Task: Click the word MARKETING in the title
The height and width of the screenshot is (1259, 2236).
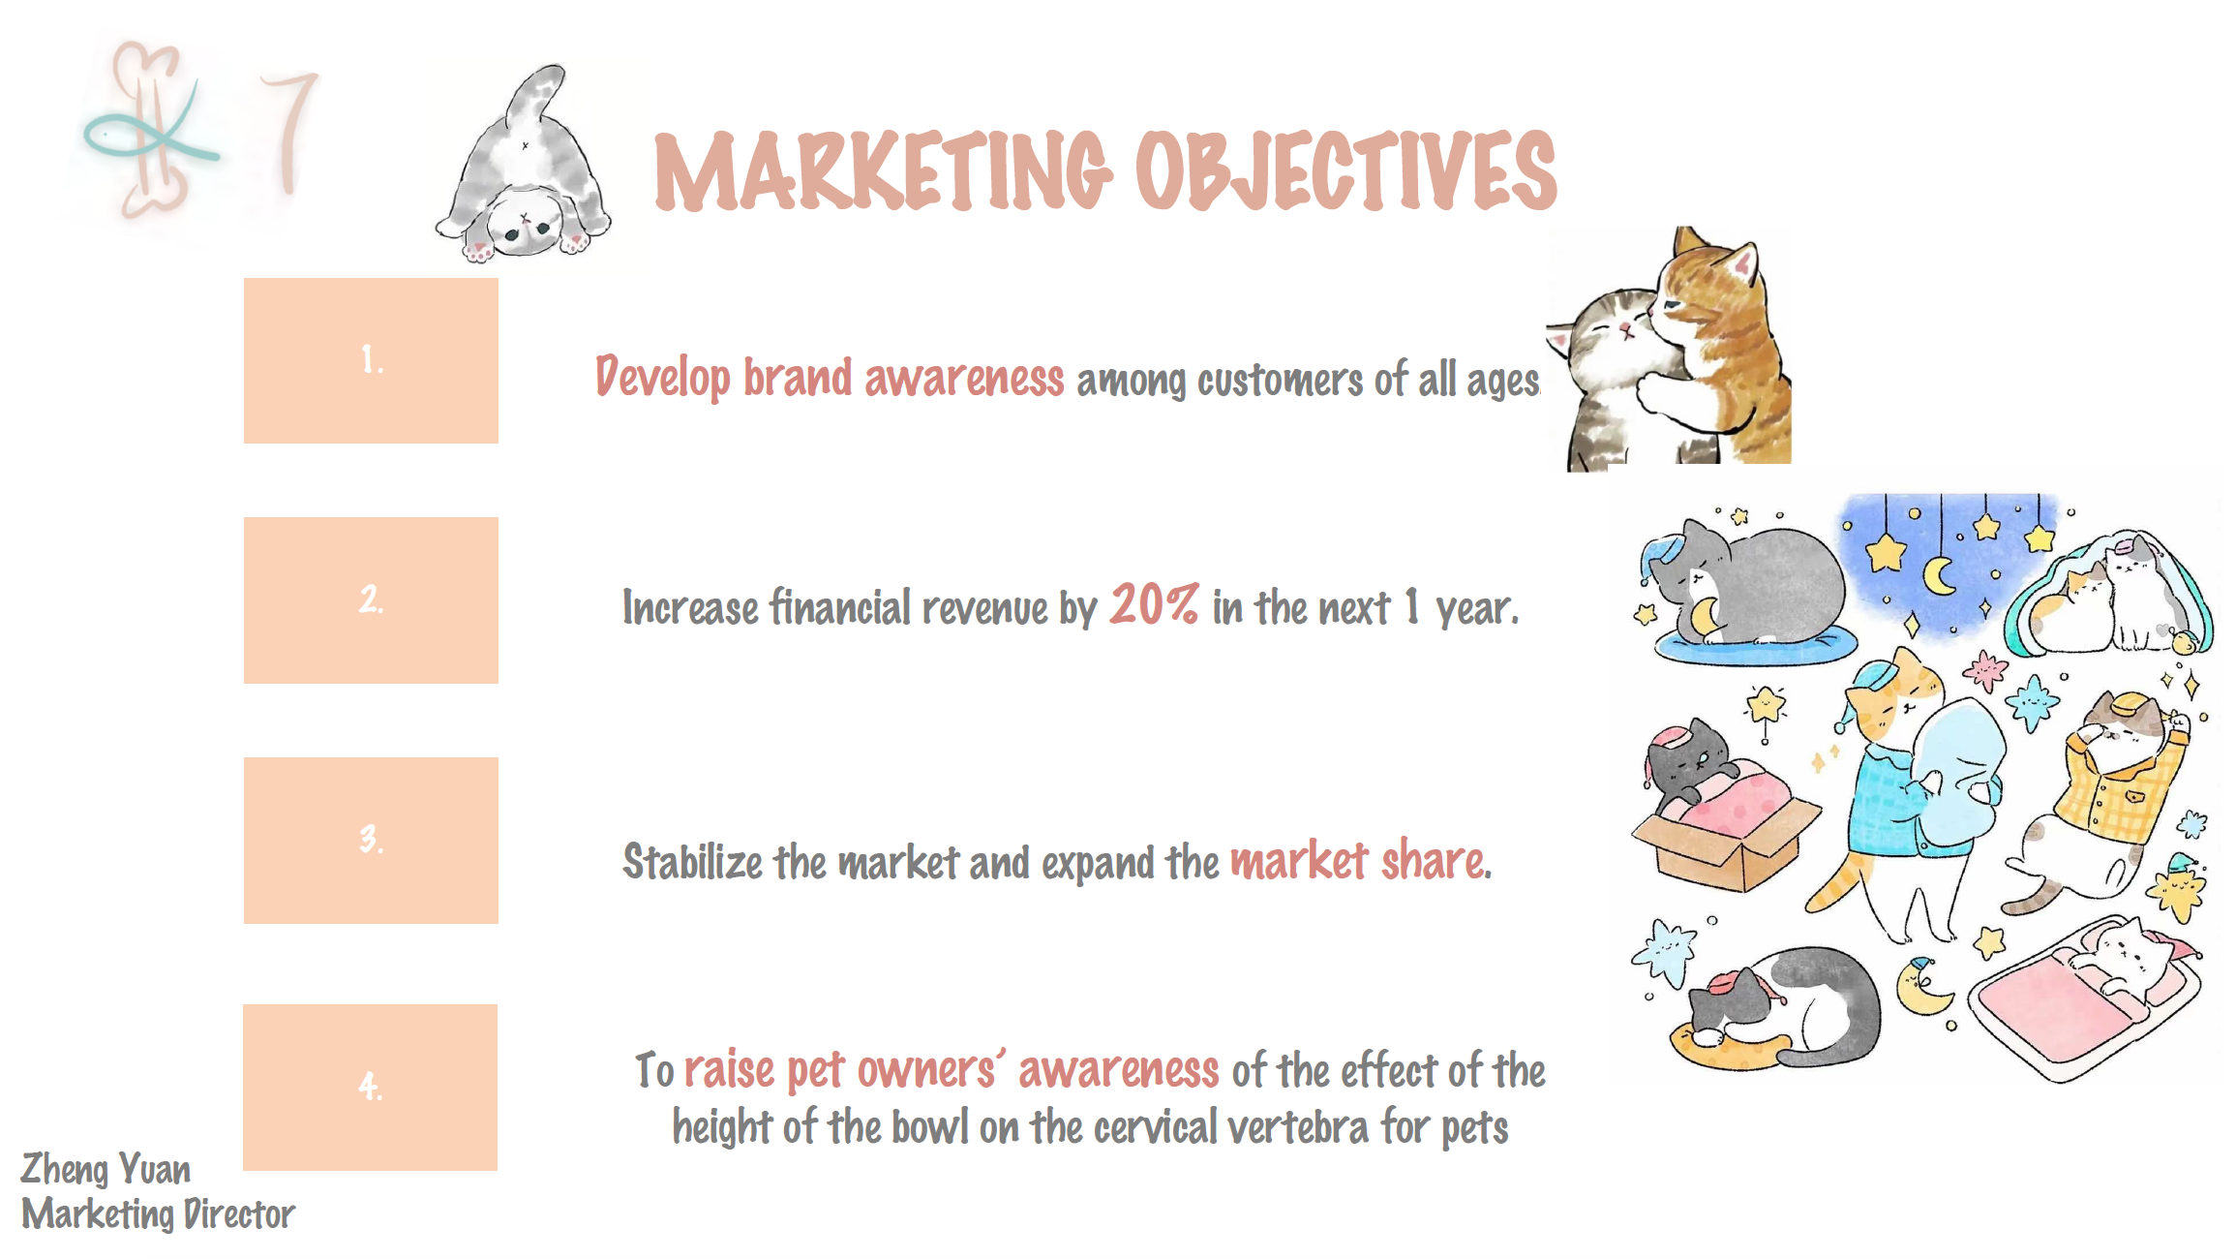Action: pyautogui.click(x=884, y=170)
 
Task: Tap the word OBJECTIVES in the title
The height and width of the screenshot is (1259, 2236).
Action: pyautogui.click(x=1346, y=170)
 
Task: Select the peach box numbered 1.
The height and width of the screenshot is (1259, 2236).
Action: pyautogui.click(x=371, y=360)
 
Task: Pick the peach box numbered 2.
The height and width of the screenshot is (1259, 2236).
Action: pyautogui.click(x=371, y=600)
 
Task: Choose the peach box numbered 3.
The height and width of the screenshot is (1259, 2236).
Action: pyautogui.click(x=371, y=841)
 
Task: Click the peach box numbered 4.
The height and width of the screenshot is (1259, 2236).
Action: pyautogui.click(x=370, y=1088)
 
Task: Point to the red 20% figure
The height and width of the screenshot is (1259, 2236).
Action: pyautogui.click(x=1155, y=604)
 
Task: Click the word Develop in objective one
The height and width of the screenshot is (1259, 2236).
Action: pyautogui.click(x=663, y=378)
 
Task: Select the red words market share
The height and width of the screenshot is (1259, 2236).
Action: pyautogui.click(x=1360, y=861)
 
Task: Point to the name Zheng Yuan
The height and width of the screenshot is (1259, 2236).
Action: pyautogui.click(x=106, y=1169)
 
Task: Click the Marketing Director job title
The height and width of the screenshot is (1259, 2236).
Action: pyautogui.click(x=158, y=1214)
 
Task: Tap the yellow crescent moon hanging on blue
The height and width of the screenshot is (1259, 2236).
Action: pyautogui.click(x=1939, y=575)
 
